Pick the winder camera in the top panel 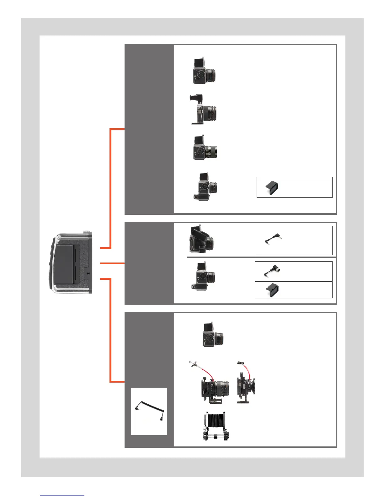pyautogui.click(x=205, y=186)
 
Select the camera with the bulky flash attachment pyautogui.click(x=201, y=239)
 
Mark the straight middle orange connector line pyautogui.click(x=112, y=263)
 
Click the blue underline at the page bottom pyautogui.click(x=62, y=495)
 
